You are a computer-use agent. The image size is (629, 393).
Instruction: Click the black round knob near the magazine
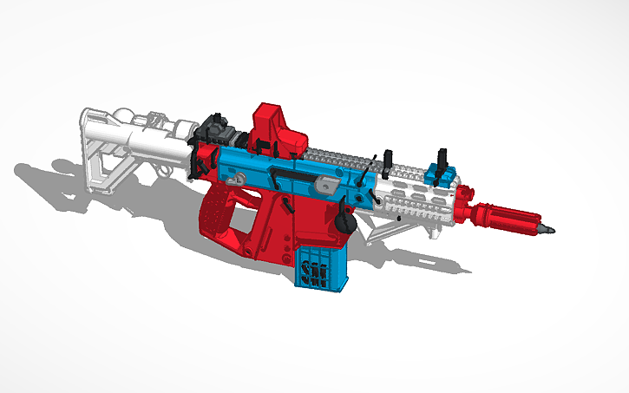pos(344,223)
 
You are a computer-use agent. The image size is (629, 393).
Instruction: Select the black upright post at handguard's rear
pos(386,157)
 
